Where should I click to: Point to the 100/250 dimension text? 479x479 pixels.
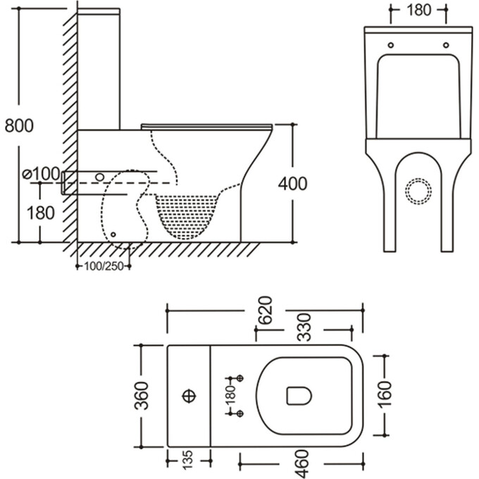[x=103, y=266]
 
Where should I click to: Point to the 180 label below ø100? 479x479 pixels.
[x=40, y=211]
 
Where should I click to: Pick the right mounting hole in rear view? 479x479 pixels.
[x=445, y=44]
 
